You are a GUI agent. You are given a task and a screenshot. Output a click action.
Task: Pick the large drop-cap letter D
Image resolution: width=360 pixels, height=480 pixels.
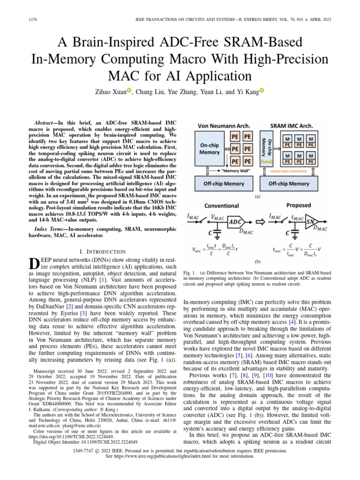point(33,263)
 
